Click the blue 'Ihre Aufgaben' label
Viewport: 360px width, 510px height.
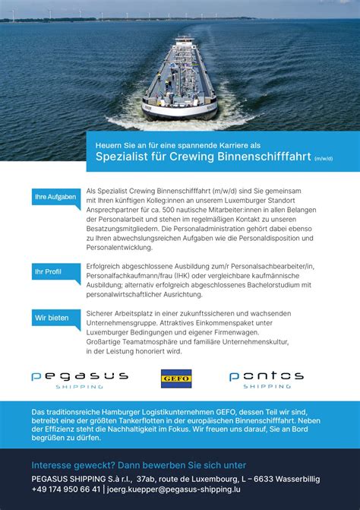(x=55, y=198)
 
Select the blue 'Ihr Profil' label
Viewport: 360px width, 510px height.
(x=49, y=271)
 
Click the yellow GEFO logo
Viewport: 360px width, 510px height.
(x=176, y=378)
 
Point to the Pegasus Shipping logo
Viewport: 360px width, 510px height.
(x=79, y=379)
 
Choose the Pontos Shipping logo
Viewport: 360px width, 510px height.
(x=266, y=379)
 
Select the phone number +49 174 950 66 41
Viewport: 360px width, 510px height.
(x=66, y=489)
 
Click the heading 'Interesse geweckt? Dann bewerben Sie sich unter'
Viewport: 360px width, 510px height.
(x=139, y=464)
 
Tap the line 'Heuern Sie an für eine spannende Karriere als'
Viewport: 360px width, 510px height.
(x=167, y=144)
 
